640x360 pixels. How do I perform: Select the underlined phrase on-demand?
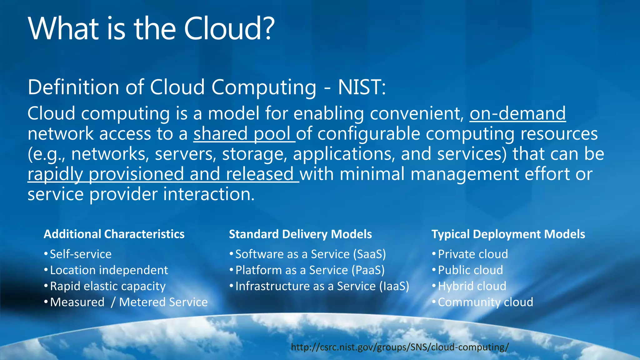[x=517, y=113]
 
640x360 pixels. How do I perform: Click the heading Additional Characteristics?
[x=114, y=234]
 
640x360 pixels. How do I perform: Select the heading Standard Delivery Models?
[x=300, y=234]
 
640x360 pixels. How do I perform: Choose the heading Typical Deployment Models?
[x=508, y=234]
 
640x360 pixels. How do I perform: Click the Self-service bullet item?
[x=81, y=254]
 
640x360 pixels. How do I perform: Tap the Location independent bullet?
[x=109, y=270]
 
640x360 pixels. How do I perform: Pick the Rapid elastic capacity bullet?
[x=107, y=286]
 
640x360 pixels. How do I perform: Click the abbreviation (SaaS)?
[x=369, y=254]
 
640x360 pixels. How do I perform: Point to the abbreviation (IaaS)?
[x=394, y=286]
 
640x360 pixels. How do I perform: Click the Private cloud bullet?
[x=473, y=254]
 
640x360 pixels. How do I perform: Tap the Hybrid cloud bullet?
[x=472, y=286]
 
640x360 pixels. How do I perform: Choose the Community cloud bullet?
[x=485, y=302]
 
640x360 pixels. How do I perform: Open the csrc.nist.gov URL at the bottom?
[x=400, y=347]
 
